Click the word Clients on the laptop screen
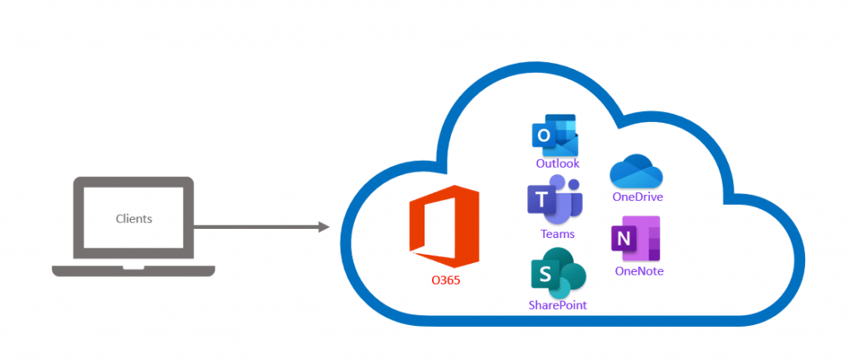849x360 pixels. click(x=133, y=219)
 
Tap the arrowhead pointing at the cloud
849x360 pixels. click(x=324, y=226)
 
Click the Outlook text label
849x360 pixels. click(x=557, y=164)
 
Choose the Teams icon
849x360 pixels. click(x=555, y=201)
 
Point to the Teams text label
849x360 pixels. click(x=557, y=234)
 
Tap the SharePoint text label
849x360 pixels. click(x=557, y=305)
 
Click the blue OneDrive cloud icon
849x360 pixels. click(x=637, y=172)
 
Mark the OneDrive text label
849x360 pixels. click(x=638, y=197)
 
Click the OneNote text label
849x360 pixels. click(x=639, y=271)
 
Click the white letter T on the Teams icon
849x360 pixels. click(x=541, y=201)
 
